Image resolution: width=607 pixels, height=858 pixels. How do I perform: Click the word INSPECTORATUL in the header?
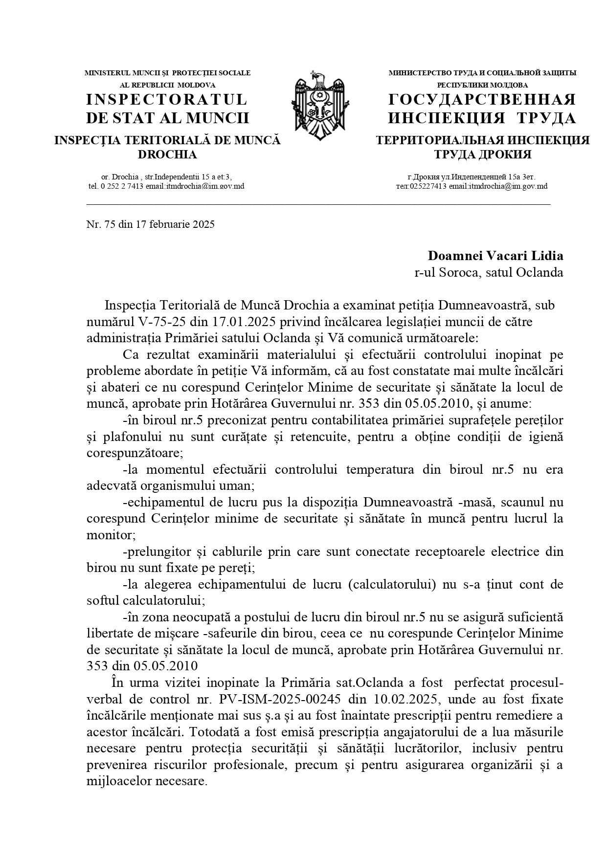[x=167, y=100]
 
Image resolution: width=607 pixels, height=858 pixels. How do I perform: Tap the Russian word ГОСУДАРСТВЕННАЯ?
[x=482, y=100]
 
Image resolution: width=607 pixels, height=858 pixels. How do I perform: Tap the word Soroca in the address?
[x=459, y=272]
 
